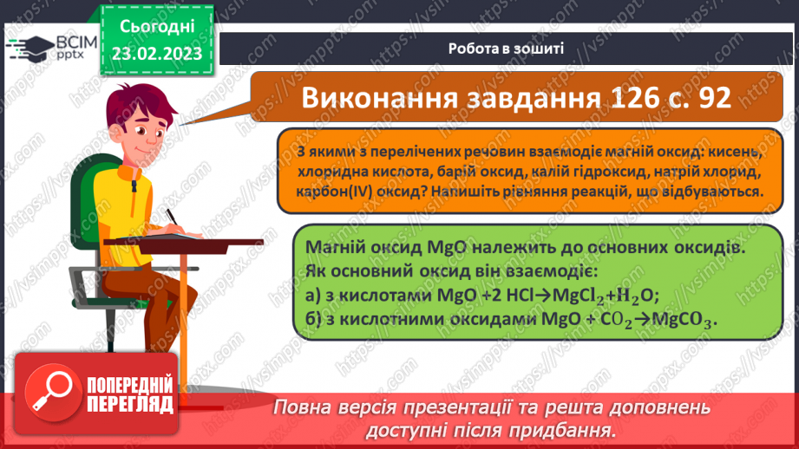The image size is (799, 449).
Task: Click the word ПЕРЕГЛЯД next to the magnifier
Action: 129,405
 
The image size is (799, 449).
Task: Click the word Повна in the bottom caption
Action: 298,407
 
